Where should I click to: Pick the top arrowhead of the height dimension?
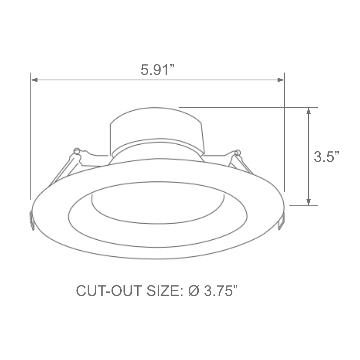309,111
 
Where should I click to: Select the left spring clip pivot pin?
76,150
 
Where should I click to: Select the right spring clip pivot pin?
237,153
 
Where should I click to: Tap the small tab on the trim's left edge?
32,220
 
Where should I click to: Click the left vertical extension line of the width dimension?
31,137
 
